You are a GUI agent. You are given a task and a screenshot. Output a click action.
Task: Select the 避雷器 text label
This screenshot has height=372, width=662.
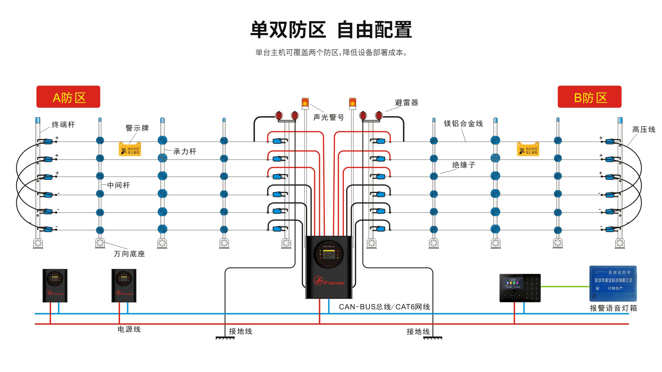click(407, 103)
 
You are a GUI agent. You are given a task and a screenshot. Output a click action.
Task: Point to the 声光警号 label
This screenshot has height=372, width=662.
click(329, 117)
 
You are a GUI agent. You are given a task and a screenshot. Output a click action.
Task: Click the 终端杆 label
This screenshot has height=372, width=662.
click(63, 125)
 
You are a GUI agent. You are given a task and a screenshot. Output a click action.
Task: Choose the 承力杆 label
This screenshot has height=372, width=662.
click(185, 152)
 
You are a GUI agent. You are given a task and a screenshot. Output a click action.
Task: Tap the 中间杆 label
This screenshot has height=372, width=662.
click(119, 185)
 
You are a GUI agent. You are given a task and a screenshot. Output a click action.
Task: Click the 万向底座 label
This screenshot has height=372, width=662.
click(129, 254)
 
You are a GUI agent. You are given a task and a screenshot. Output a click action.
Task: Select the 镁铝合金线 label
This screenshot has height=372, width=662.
click(463, 124)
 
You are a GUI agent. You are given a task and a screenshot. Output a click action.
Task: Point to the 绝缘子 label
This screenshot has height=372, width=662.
click(464, 165)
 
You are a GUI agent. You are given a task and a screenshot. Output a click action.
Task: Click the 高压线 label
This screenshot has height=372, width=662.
click(644, 130)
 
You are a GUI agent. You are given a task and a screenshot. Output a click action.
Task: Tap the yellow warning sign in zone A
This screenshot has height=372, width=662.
click(130, 149)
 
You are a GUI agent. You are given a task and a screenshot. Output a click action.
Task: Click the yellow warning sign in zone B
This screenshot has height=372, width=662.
click(528, 149)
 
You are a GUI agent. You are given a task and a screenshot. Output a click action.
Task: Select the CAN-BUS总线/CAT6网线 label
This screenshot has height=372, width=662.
click(384, 307)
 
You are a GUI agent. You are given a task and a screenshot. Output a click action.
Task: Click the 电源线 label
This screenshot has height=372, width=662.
click(129, 329)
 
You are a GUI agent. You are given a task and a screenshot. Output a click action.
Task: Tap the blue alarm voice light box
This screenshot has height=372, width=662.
click(613, 283)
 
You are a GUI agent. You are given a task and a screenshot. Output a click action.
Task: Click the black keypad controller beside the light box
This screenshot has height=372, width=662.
click(520, 288)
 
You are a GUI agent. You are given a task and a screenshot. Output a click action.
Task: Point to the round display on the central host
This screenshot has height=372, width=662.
click(329, 255)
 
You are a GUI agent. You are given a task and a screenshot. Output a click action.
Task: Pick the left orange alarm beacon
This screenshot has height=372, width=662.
click(305, 103)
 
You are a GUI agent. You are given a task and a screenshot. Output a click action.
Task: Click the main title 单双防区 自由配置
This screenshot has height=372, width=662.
click(331, 30)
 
